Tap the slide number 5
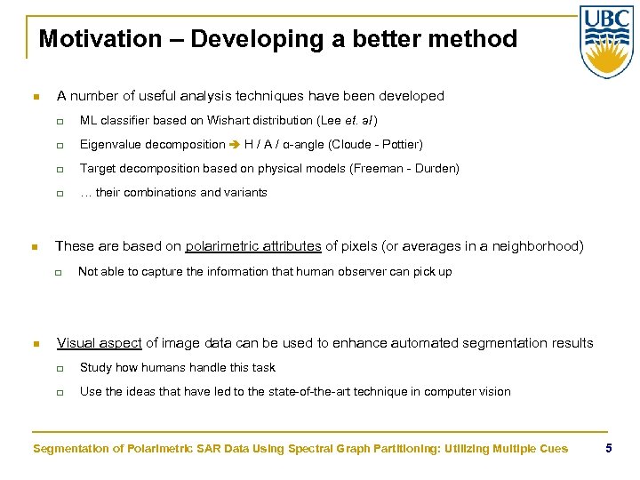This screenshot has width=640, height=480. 608,448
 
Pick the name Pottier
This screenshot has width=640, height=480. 401,144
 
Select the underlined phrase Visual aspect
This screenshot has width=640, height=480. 99,343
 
